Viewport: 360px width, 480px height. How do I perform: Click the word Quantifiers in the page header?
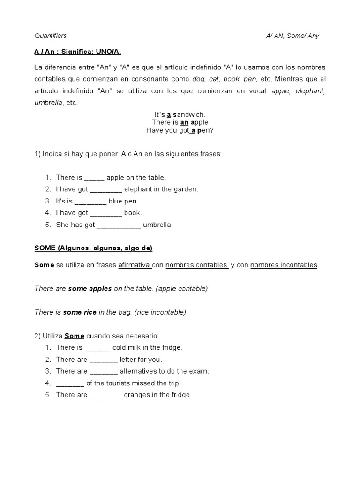tap(51, 36)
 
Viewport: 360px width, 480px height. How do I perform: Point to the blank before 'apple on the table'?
tap(94, 178)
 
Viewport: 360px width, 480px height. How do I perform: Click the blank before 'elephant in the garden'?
tap(105, 189)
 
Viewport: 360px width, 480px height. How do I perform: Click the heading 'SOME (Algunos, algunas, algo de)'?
tap(93, 248)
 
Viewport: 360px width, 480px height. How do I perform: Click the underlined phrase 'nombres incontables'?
tap(284, 265)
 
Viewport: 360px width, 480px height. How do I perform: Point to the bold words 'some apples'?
tap(90, 289)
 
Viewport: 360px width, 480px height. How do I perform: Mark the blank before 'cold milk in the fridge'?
tap(98, 348)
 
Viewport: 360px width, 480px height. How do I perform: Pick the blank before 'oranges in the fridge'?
tap(105, 395)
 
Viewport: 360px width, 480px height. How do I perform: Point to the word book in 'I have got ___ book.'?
tap(133, 213)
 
